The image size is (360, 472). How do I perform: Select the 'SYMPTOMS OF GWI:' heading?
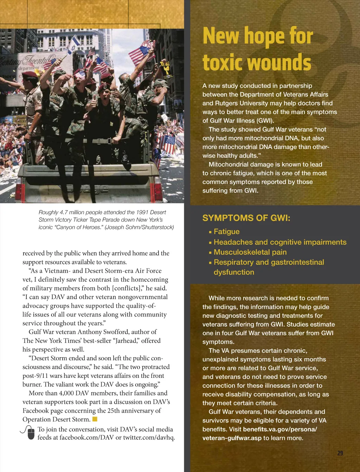(246, 218)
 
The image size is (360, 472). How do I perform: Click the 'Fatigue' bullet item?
(226, 232)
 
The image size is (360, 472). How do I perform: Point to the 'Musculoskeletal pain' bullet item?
(250, 252)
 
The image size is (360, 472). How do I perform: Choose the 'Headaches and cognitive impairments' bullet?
(280, 242)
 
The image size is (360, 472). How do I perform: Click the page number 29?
(340, 453)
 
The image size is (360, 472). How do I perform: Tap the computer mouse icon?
(31, 433)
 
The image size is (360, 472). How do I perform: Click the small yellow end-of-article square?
(95, 419)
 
